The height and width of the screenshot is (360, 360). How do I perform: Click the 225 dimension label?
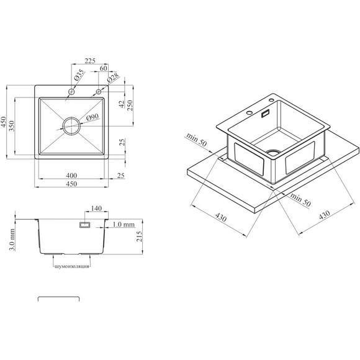click(x=90, y=61)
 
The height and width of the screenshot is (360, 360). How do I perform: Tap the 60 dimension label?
click(x=103, y=68)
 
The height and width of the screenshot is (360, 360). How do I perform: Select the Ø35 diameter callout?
click(x=79, y=74)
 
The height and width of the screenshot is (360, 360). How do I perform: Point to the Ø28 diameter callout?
click(x=113, y=78)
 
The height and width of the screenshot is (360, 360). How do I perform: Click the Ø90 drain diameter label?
click(x=92, y=117)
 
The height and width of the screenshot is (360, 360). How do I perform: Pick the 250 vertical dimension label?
click(x=130, y=105)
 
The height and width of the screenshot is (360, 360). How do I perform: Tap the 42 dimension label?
click(x=122, y=104)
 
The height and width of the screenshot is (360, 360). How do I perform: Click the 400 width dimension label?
click(x=71, y=176)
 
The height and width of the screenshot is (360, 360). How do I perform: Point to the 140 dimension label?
click(x=96, y=208)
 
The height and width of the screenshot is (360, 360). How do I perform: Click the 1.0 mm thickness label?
click(x=124, y=224)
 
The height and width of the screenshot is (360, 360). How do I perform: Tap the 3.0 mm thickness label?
click(x=12, y=240)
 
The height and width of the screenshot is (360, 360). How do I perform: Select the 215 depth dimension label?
click(x=140, y=236)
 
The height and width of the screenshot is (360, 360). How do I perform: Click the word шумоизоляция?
click(x=71, y=266)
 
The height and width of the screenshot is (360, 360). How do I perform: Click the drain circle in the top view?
click(x=71, y=126)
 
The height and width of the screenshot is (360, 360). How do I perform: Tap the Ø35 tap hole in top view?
click(x=71, y=92)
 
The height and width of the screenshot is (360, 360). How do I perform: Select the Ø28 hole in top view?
click(x=99, y=92)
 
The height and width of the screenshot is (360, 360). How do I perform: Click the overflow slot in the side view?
click(x=84, y=225)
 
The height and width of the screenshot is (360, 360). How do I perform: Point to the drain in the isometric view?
click(x=274, y=153)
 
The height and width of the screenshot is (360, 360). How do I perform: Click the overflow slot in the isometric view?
click(x=266, y=114)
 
